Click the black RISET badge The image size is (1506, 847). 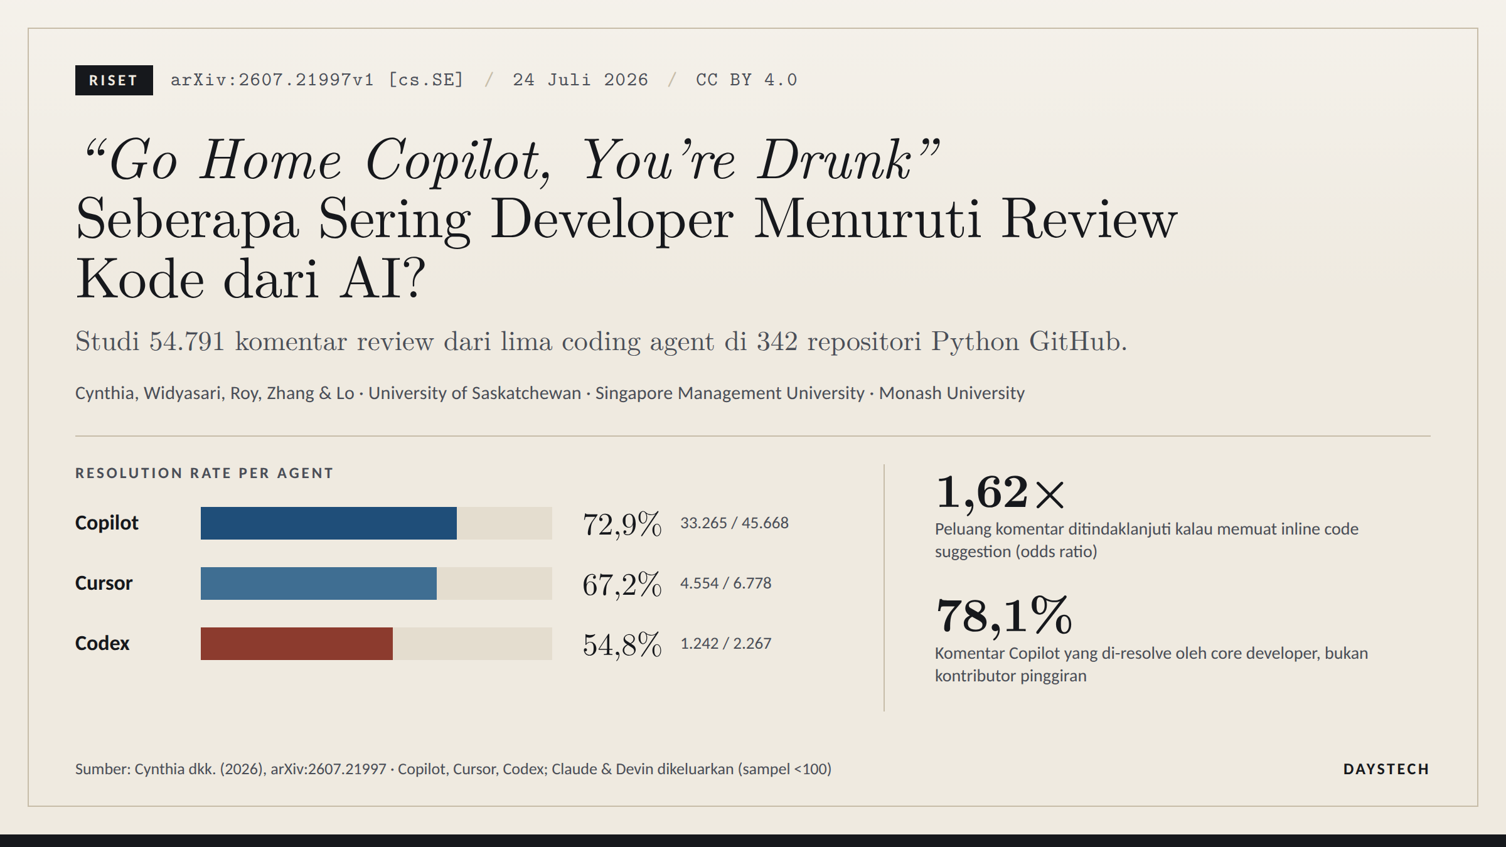(x=114, y=80)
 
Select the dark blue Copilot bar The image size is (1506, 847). (x=329, y=523)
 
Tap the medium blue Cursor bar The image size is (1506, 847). (x=319, y=583)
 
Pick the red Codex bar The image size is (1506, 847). (x=297, y=644)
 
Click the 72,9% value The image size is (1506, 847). (x=622, y=525)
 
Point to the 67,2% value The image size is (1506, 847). (x=622, y=585)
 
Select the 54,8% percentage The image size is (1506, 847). (x=622, y=645)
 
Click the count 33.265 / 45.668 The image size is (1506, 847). (x=734, y=523)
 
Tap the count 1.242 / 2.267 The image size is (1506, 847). (x=726, y=643)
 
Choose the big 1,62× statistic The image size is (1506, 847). (x=1001, y=492)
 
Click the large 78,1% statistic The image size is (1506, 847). (x=1004, y=615)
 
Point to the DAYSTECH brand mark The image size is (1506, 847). (x=1386, y=769)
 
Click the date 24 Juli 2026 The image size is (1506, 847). (x=580, y=80)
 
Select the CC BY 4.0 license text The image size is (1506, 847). (x=747, y=80)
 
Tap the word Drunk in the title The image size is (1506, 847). (x=834, y=160)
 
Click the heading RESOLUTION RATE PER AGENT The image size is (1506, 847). (x=204, y=473)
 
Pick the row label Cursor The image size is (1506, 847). (x=104, y=583)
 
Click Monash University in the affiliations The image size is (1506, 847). (x=951, y=393)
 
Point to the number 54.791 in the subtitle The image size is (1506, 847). (x=187, y=342)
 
